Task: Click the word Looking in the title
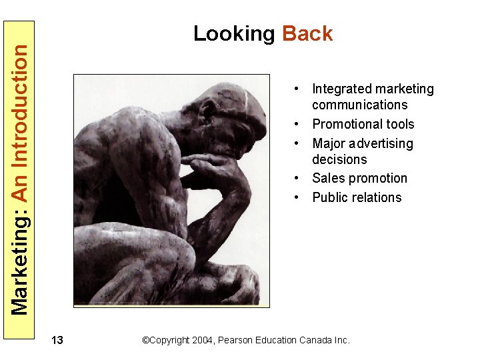[x=234, y=34]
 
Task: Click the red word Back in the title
[x=307, y=34]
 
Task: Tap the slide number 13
[x=57, y=341]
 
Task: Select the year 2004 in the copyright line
[x=201, y=340]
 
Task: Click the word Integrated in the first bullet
[x=341, y=89]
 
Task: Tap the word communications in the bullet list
[x=359, y=105]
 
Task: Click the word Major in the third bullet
[x=330, y=144]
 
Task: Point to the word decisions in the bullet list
[x=339, y=160]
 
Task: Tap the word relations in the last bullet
[x=377, y=198]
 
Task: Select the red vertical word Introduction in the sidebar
[x=21, y=107]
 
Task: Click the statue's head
[x=227, y=117]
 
